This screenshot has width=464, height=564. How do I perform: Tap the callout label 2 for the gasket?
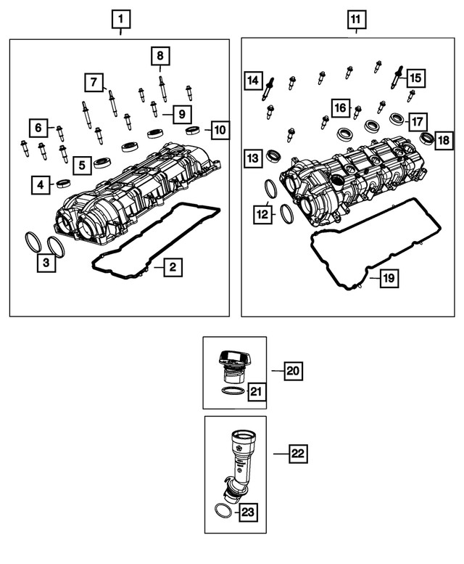click(173, 268)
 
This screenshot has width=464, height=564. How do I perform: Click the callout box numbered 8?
click(160, 55)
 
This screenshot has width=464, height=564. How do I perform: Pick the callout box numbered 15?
click(415, 77)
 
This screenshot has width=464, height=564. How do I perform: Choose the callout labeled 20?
click(292, 371)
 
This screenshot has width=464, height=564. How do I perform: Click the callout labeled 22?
click(297, 454)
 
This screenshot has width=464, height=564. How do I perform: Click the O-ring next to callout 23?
click(225, 512)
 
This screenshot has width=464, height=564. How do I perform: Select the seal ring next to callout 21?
click(231, 393)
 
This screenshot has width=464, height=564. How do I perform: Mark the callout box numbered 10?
click(220, 131)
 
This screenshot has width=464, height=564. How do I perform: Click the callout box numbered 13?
click(252, 158)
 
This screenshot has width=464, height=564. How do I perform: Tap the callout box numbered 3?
click(46, 263)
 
